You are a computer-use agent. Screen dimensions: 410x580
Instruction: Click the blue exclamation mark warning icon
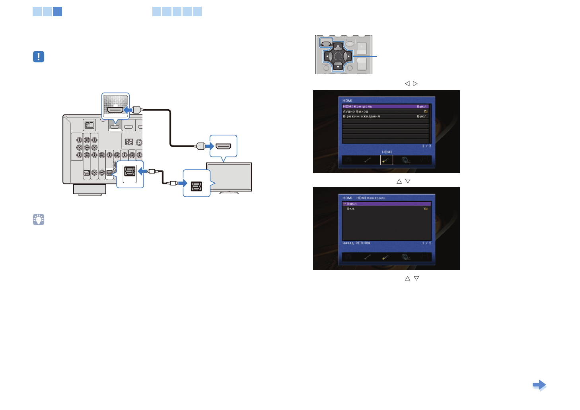pos(39,57)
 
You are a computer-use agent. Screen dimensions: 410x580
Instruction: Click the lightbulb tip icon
pos(39,219)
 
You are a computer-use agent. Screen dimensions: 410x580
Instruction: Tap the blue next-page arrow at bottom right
pos(539,385)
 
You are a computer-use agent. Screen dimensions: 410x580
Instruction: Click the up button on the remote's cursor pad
pos(338,46)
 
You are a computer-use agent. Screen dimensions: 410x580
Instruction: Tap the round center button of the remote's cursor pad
pos(338,56)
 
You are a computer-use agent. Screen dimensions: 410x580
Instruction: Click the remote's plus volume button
pos(361,48)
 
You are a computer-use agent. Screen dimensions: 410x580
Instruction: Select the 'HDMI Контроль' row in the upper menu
pos(385,106)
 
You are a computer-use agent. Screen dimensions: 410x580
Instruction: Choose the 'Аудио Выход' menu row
pos(385,112)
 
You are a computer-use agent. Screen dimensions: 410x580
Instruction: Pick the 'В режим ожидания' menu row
pos(385,116)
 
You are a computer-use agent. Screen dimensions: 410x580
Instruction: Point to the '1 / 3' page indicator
pos(426,146)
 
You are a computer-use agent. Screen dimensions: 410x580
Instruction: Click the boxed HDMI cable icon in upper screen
pos(386,160)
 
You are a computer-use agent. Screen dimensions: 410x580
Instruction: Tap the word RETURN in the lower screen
pos(363,243)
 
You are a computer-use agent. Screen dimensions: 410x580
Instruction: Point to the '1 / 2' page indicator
pos(426,243)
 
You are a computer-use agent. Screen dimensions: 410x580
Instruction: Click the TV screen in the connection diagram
pos(229,177)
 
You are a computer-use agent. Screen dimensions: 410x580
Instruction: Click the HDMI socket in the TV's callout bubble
pos(223,146)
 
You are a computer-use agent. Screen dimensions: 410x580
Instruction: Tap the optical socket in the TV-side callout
pos(197,186)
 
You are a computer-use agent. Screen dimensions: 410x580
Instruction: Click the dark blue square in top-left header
pos(57,12)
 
